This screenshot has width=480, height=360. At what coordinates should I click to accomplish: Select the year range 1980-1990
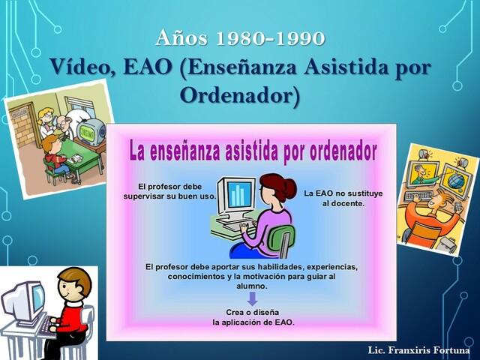coord(270,38)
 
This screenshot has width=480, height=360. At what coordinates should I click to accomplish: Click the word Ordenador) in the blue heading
coord(240,95)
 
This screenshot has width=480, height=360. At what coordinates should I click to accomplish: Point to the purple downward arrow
coord(252,299)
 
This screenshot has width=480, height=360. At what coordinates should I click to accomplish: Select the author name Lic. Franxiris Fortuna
coord(418,350)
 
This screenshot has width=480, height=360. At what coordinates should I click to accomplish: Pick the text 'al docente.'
coord(343,203)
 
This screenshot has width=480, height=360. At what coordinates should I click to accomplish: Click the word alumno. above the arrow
coord(252,286)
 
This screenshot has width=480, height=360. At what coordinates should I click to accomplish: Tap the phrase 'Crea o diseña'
coord(253,313)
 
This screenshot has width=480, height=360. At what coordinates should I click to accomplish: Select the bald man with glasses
coord(64,125)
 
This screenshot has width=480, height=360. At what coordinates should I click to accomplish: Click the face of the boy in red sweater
coord(73,286)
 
